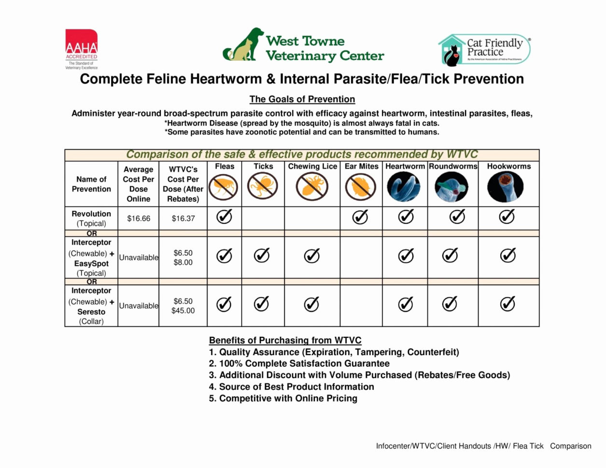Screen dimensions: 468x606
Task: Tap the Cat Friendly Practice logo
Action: [484, 49]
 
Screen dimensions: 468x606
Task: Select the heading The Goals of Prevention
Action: [302, 99]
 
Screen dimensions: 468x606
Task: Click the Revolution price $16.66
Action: [139, 219]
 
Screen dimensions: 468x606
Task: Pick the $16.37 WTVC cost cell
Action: [183, 219]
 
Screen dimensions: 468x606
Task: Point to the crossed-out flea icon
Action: [224, 187]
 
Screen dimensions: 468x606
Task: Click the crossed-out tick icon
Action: [263, 187]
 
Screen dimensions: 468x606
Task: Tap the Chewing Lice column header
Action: [312, 166]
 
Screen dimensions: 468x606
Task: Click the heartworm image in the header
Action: [404, 187]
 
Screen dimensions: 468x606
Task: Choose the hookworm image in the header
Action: [506, 187]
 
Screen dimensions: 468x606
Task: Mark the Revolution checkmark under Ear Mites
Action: [360, 217]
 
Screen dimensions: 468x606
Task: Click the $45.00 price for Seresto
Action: [183, 311]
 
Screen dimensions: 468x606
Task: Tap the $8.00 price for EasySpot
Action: [183, 262]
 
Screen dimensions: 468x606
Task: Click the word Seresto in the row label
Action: [91, 312]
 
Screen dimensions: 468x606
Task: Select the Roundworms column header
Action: [453, 166]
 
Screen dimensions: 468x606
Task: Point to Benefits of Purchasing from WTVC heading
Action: [285, 340]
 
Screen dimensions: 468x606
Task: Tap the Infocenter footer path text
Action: [483, 446]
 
